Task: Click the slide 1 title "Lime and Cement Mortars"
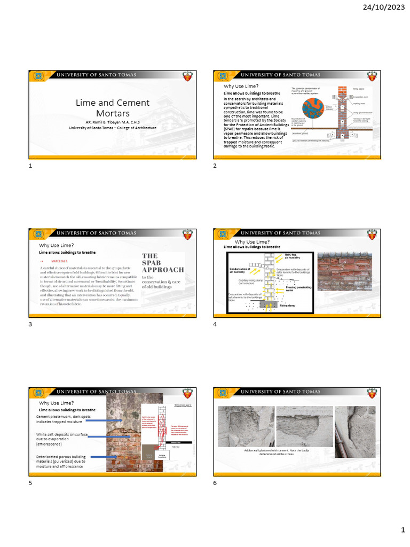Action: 112,107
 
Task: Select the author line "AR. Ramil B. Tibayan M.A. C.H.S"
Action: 112,121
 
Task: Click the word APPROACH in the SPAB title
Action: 163,270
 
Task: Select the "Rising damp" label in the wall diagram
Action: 288,306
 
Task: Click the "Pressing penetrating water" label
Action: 298,289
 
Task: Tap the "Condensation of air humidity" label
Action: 240,270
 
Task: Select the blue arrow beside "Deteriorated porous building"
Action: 104,457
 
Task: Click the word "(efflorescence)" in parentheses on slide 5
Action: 50,444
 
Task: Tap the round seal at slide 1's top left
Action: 38,76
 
